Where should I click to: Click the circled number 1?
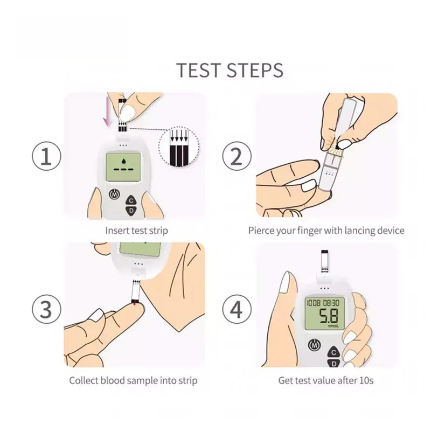(46, 156)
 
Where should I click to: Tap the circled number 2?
(237, 156)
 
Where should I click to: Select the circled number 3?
(46, 309)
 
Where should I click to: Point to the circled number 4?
(237, 309)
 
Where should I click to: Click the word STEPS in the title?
(255, 70)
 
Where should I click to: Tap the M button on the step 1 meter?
(115, 194)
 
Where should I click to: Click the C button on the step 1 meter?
(131, 200)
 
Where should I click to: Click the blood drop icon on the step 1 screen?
(123, 160)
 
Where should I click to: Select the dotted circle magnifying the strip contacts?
(179, 147)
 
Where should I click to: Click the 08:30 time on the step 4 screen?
(331, 303)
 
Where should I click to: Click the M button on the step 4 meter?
(314, 345)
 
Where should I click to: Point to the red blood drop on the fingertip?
(135, 303)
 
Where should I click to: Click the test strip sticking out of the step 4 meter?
(325, 261)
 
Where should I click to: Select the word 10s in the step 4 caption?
(366, 380)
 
